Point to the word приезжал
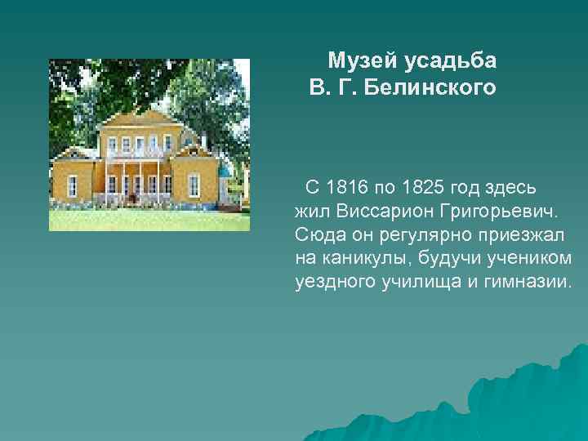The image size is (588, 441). [520, 236]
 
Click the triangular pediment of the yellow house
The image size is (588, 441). [137, 120]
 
